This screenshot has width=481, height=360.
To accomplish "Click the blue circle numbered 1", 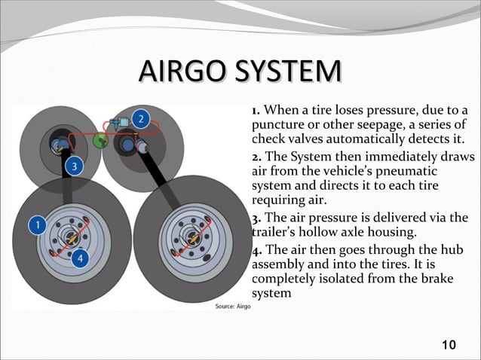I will pos(35,224).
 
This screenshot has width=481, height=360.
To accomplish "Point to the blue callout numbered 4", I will pos(82,258).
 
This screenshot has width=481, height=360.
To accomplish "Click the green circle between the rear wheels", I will pos(100,141).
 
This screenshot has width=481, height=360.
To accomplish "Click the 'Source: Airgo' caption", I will pos(233,307).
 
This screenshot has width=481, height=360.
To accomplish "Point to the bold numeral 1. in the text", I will pos(256,111).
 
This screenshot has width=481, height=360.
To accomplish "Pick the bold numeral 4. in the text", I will pos(256,250).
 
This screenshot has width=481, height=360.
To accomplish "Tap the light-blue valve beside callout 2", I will pos(118,121).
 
